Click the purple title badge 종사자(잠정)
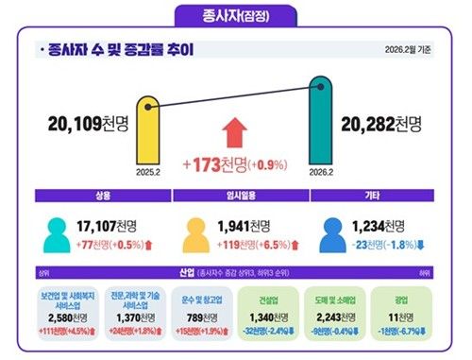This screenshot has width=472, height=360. pos(235,15)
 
